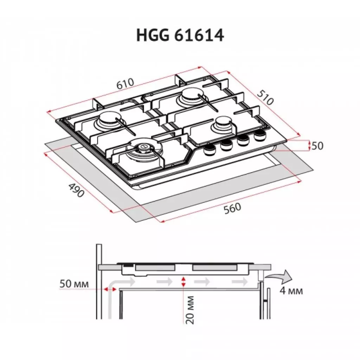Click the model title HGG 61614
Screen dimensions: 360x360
click(180, 36)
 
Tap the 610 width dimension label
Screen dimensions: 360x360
click(125, 84)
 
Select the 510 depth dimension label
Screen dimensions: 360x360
click(265, 97)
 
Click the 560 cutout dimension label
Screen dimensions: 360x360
click(233, 208)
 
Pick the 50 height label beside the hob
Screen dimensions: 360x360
click(317, 146)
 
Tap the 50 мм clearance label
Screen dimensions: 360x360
click(74, 284)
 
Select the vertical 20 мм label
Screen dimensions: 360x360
click(189, 310)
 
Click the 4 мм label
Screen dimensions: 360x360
click(291, 291)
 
